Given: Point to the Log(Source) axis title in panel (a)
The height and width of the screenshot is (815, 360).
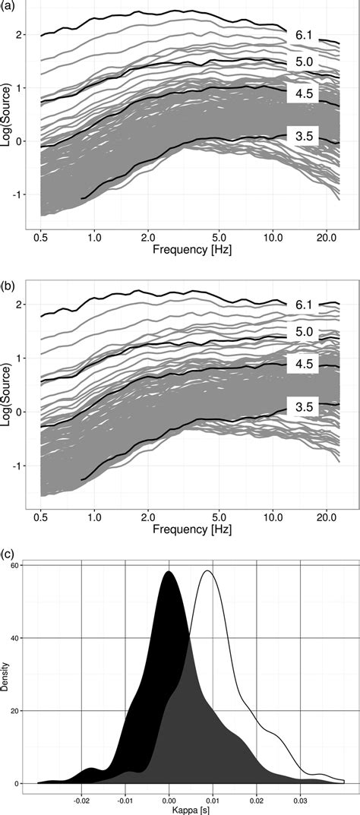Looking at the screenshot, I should coord(8,114).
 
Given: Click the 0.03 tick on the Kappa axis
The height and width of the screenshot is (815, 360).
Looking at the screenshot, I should coord(302,798).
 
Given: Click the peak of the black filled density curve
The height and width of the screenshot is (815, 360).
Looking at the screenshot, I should coord(169,572).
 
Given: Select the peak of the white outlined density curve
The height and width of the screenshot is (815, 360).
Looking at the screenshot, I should coord(207,570).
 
